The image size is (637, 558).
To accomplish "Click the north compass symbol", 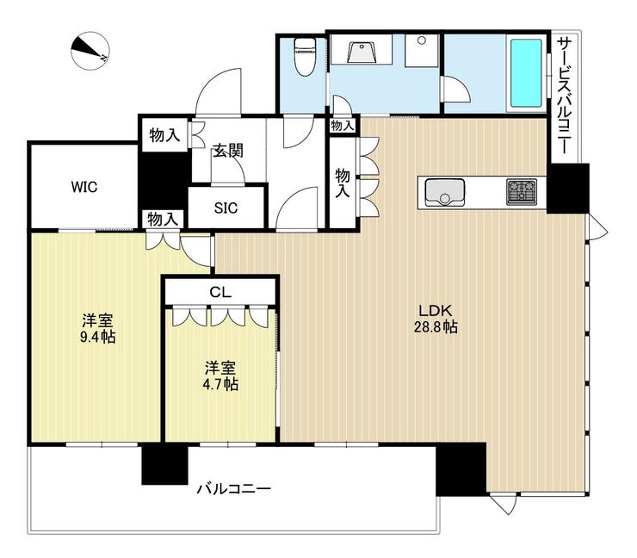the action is (x=90, y=51).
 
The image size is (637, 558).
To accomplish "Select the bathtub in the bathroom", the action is (x=526, y=73).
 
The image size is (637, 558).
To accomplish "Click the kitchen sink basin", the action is (x=445, y=192).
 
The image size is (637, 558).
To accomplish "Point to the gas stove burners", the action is (x=522, y=191).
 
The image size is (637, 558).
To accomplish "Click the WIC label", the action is (x=84, y=187).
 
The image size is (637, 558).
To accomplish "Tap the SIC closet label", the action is (x=226, y=208).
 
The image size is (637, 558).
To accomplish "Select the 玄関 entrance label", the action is (x=228, y=151).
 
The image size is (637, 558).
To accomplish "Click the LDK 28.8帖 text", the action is (x=436, y=319).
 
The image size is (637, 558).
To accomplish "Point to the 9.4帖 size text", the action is (x=97, y=337).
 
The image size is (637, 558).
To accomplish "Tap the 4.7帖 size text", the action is (x=220, y=384).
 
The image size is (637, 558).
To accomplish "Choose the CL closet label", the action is (x=220, y=292).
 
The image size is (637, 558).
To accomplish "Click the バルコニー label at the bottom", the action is (x=233, y=488).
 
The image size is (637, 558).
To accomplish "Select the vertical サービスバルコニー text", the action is (x=564, y=96).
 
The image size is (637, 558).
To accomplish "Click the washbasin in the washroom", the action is (x=362, y=53).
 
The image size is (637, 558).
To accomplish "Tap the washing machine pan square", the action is (x=422, y=51).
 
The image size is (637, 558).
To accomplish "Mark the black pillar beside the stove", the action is (x=567, y=189).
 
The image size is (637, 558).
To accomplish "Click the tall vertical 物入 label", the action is (x=343, y=183).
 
